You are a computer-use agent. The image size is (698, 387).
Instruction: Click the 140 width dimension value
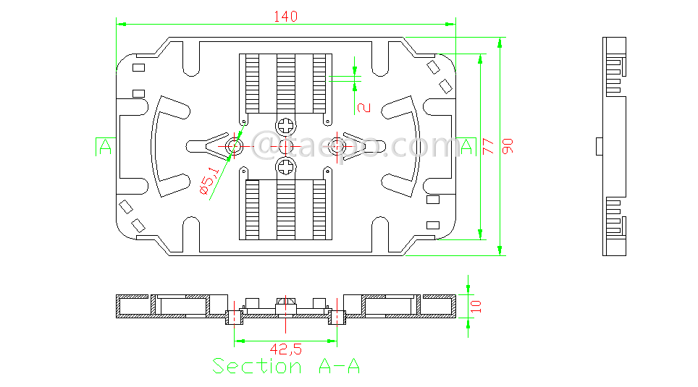click(x=285, y=17)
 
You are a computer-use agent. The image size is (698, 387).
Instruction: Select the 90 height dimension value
click(x=508, y=147)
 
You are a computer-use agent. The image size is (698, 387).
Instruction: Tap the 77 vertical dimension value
click(x=489, y=147)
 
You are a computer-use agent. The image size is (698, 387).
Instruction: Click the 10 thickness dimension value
click(x=475, y=306)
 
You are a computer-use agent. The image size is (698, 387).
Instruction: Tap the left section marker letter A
click(x=105, y=148)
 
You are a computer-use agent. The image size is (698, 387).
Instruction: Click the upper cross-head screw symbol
click(x=286, y=125)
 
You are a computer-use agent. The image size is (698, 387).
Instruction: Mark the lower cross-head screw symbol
click(x=286, y=169)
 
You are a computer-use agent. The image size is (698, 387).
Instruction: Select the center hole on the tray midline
click(x=286, y=147)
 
